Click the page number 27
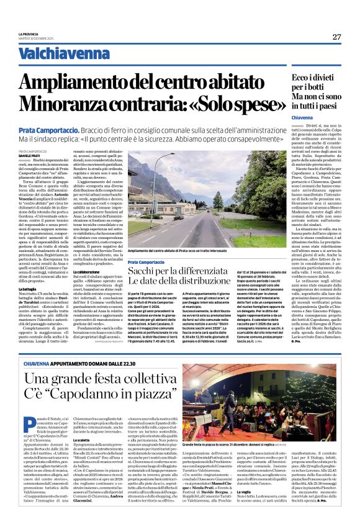pyautogui.click(x=337, y=37)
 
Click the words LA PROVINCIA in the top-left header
pyautogui.click(x=28, y=33)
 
